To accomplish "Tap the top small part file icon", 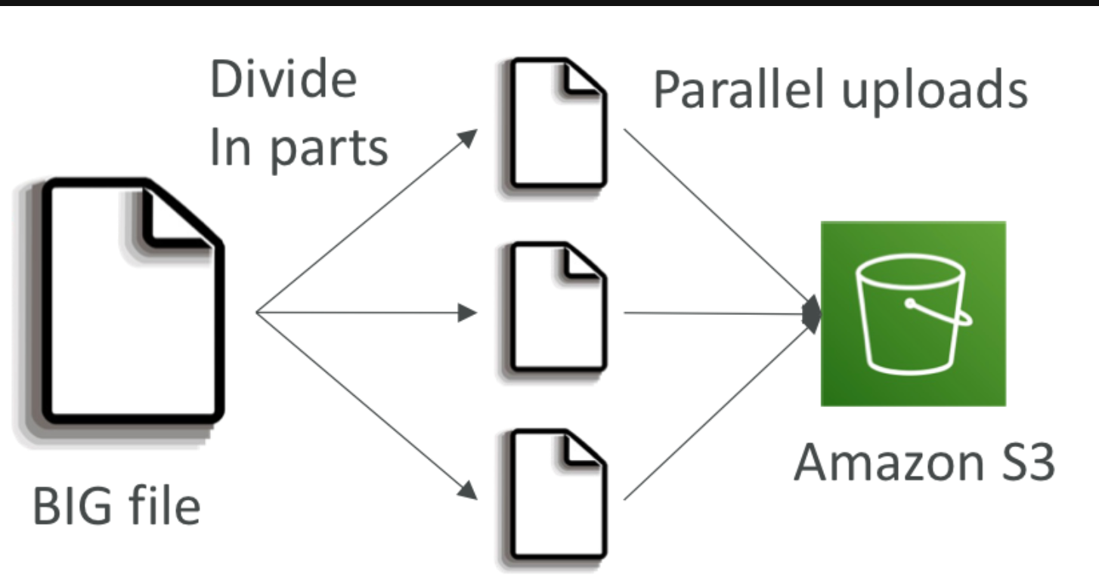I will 558,123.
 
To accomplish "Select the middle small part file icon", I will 558,307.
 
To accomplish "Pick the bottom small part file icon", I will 558,495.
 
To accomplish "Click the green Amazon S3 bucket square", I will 913,313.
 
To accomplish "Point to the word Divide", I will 283,79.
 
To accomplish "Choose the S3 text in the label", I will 1026,461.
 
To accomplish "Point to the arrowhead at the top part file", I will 469,138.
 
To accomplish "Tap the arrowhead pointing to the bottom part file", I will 469,489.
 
